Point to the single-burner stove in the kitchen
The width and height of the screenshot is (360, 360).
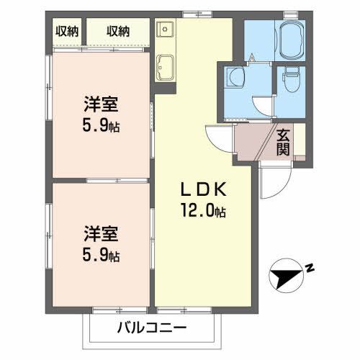coord(164,30)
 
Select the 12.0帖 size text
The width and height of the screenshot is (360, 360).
coord(204,212)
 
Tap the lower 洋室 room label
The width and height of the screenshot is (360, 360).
coord(100,234)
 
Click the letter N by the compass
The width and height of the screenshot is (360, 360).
coord(310,268)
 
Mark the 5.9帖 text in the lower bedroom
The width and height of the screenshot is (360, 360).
coord(101,256)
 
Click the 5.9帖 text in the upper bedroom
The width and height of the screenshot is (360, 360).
coord(101,125)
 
